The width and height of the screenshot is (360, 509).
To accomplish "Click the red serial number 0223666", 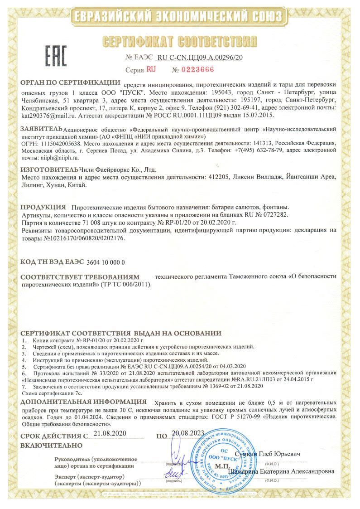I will point(198,70).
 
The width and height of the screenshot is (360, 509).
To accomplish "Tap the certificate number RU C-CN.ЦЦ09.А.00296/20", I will point(200,58).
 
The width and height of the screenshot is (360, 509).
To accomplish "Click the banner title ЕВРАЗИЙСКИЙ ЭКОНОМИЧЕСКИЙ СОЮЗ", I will point(179,17).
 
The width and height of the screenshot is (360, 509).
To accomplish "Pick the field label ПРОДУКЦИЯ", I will point(43,207).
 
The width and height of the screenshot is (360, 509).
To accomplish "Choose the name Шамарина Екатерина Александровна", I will point(282,471).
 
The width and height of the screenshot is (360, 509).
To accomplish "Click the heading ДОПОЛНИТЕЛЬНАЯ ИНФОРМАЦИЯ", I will point(84,402).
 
